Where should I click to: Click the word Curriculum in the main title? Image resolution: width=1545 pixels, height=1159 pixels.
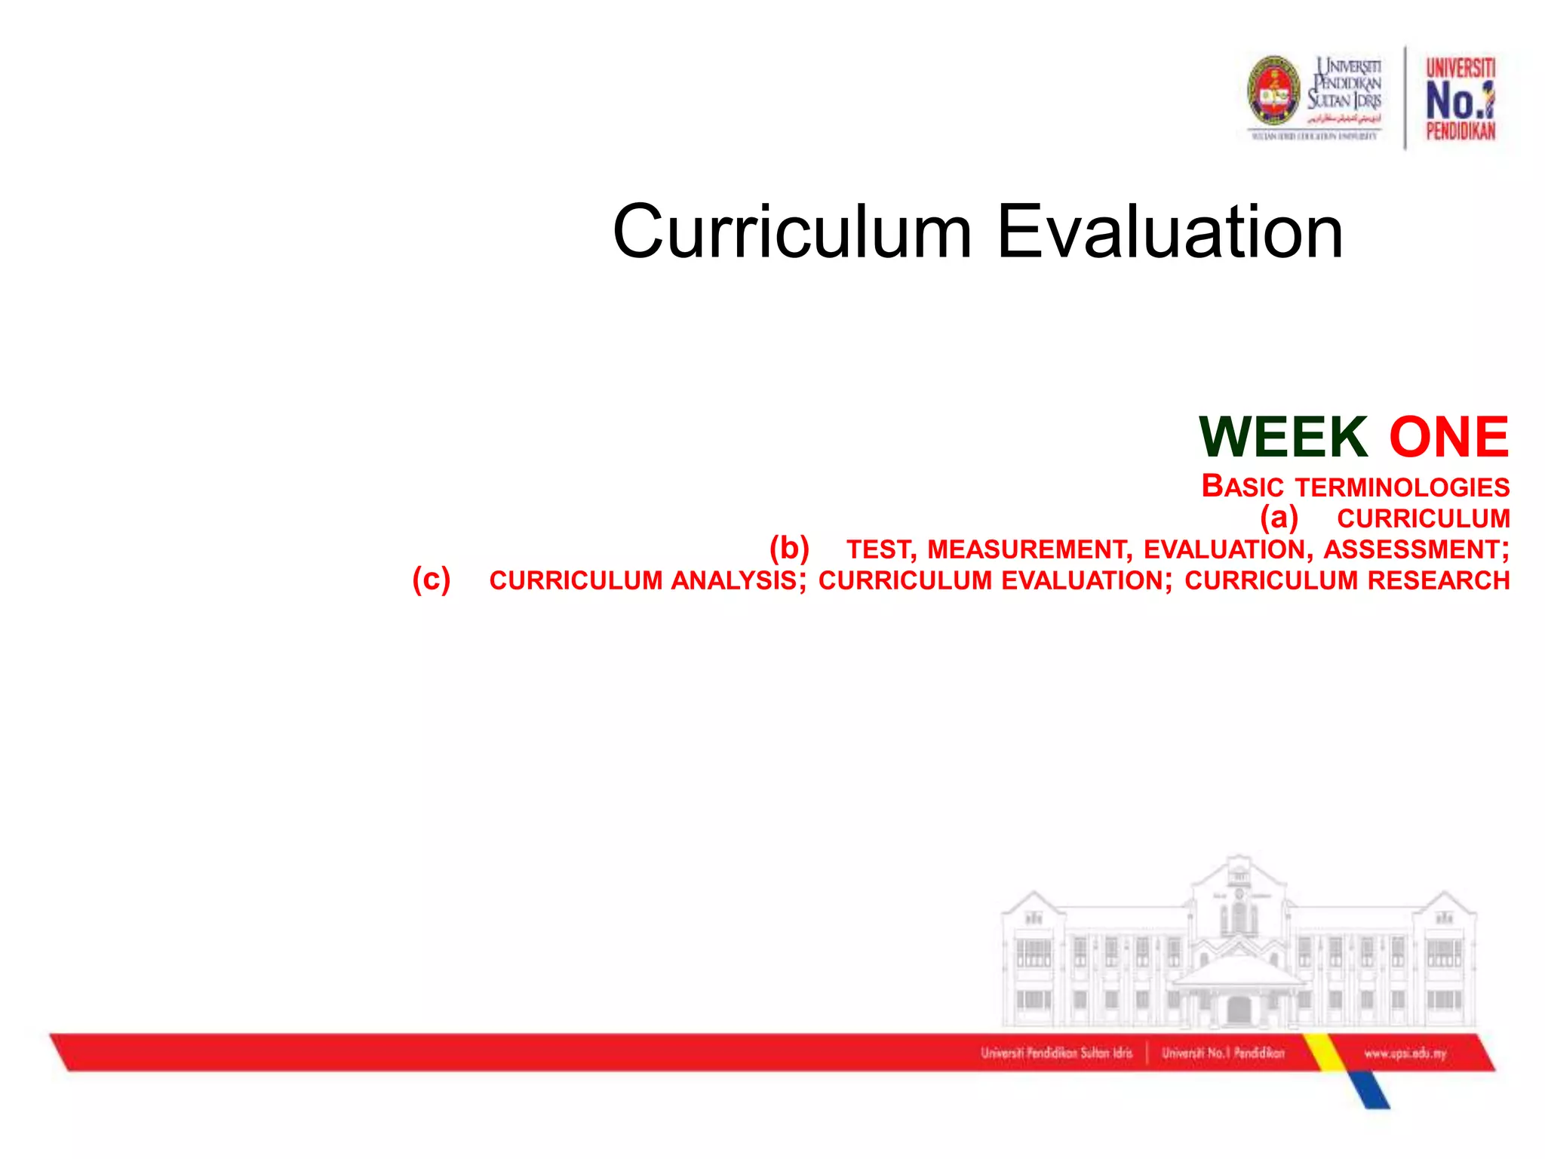[791, 232]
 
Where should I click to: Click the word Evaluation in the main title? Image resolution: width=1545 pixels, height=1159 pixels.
[1170, 232]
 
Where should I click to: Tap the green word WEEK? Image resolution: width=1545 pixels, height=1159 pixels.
[1283, 437]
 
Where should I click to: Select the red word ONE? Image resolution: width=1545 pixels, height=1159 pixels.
[1448, 437]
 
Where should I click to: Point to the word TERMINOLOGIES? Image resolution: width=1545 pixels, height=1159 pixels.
[1402, 487]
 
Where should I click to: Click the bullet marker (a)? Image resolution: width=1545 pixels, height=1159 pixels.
[1279, 518]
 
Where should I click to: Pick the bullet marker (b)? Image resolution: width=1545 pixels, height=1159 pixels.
[789, 549]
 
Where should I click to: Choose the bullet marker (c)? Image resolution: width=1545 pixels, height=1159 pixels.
[432, 579]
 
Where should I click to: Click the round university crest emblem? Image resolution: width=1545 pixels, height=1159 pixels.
[1274, 91]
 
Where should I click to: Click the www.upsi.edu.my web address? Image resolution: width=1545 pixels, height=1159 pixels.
[1405, 1053]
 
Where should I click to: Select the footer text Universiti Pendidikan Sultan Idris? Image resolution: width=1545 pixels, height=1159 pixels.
[1056, 1053]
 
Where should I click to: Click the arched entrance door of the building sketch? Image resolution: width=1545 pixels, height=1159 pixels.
[1239, 1010]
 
